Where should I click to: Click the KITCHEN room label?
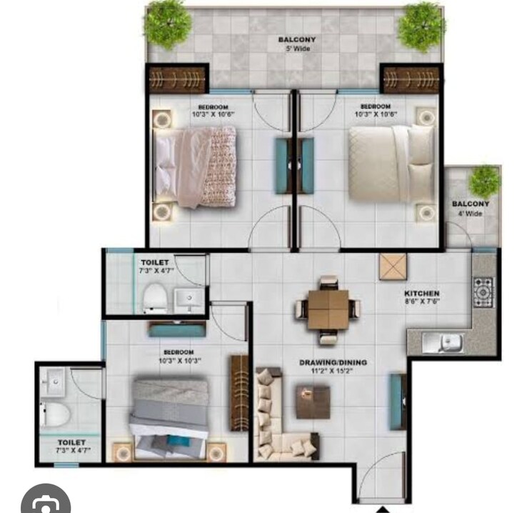click(x=421, y=294)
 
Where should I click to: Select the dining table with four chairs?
click(x=328, y=309)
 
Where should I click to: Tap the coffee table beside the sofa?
click(x=313, y=402)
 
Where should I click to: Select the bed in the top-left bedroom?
click(x=196, y=166)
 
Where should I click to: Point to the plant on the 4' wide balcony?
click(x=485, y=181)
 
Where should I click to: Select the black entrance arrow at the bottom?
click(x=383, y=509)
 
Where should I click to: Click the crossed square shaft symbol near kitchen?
click(x=392, y=267)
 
